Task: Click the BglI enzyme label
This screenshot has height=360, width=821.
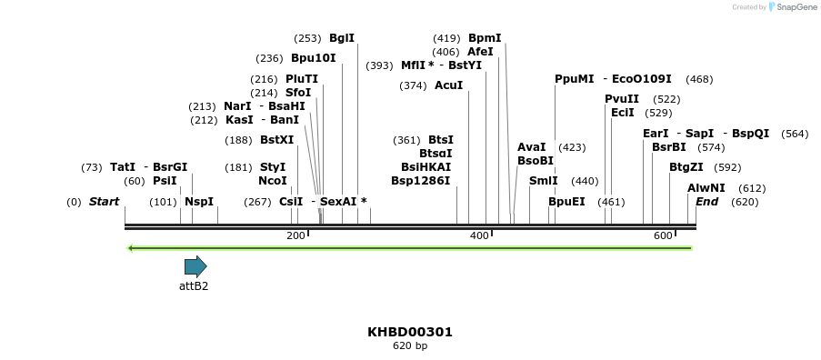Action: (342, 38)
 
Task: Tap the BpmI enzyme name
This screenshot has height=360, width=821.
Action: (485, 38)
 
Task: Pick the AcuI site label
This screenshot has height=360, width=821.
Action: (448, 85)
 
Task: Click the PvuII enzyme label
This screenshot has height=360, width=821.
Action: (622, 99)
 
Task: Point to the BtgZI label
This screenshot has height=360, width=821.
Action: (686, 167)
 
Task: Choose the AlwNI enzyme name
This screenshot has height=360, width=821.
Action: (706, 188)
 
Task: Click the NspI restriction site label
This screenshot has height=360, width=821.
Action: (199, 202)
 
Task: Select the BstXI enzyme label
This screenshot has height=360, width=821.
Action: (277, 140)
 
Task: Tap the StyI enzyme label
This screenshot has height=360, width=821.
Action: (273, 167)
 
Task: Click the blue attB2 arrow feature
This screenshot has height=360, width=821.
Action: (195, 266)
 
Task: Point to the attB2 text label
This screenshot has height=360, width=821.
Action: (194, 285)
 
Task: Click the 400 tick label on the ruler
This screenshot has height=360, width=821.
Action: (479, 235)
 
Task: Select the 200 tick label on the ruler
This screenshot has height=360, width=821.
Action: (295, 235)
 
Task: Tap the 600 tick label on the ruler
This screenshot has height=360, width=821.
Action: (663, 235)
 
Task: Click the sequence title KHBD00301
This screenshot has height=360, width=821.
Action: (410, 332)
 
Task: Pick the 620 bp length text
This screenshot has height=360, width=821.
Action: (410, 346)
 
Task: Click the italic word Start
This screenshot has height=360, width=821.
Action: (104, 202)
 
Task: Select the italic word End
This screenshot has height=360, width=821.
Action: (707, 202)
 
